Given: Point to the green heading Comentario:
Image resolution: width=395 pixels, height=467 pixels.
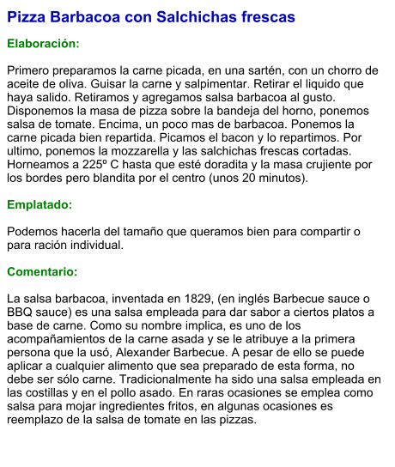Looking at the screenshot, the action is click(42, 271).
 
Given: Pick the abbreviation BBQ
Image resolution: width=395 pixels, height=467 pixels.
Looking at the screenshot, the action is click(22, 312).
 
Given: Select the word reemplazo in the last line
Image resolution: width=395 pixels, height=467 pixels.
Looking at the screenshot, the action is click(39, 421).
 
